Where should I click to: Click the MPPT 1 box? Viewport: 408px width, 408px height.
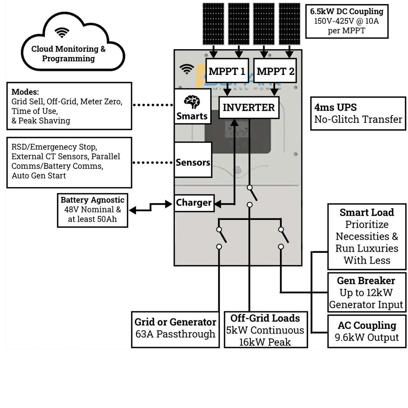(227, 71)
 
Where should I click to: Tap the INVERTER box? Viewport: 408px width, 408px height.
(249, 108)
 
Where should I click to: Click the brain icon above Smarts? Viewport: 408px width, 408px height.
(192, 102)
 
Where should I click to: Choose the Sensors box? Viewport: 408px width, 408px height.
(193, 162)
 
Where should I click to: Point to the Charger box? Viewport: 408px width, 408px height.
(194, 203)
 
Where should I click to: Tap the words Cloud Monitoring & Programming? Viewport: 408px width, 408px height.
(68, 54)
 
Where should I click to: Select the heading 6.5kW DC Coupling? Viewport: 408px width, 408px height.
(346, 11)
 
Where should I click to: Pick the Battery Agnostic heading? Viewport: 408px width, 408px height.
(92, 200)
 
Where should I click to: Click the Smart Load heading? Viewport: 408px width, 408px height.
(366, 212)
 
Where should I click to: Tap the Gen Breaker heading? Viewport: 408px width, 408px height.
(366, 281)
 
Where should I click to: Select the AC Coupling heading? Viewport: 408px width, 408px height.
(367, 325)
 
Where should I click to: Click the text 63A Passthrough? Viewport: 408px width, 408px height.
(175, 334)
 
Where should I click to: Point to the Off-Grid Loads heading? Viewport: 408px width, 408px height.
(265, 318)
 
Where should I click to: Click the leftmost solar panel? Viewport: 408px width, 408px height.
(213, 24)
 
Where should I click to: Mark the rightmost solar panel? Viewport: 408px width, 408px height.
(290, 24)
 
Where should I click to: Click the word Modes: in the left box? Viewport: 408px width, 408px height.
(25, 92)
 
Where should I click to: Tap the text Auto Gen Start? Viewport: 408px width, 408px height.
(39, 176)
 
